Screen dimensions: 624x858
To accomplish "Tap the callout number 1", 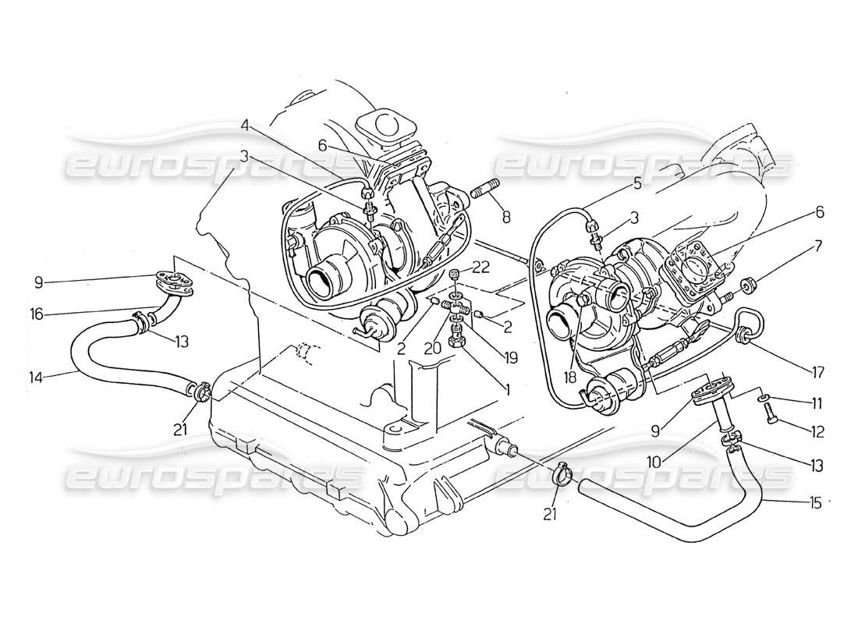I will pyautogui.click(x=507, y=388).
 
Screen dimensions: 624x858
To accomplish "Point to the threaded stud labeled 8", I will pyautogui.click(x=480, y=192).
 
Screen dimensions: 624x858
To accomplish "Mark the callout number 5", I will pyautogui.click(x=637, y=185).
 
